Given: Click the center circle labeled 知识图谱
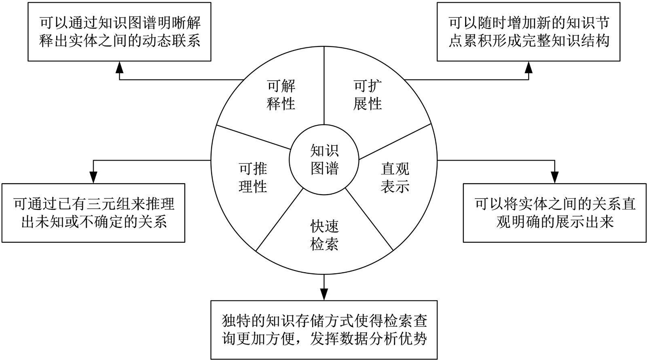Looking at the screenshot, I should point(324,160).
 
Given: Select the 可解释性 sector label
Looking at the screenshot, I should point(281,95).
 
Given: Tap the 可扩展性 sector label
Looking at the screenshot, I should point(368,95).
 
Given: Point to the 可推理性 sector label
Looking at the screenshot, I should point(253,178).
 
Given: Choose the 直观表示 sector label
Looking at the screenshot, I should point(395,178).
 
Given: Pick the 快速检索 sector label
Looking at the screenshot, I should point(324,235).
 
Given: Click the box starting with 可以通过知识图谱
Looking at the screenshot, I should point(119,32).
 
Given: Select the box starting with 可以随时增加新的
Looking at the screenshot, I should point(529,32).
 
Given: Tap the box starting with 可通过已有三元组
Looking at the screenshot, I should point(93,213).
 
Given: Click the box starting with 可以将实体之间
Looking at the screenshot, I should point(554,213).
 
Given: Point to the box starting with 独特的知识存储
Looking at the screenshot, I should point(324,330).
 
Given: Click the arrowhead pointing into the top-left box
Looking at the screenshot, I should point(119,67).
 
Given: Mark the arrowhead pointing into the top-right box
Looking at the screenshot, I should point(529,67).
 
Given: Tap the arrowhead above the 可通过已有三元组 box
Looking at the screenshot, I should point(93,177).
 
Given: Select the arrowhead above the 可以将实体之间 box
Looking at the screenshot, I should point(554,177).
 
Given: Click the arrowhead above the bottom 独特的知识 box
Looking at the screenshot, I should point(324,294).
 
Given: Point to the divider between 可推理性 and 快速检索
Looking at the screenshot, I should point(280,218).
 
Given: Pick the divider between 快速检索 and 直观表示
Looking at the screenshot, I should point(369,218).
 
